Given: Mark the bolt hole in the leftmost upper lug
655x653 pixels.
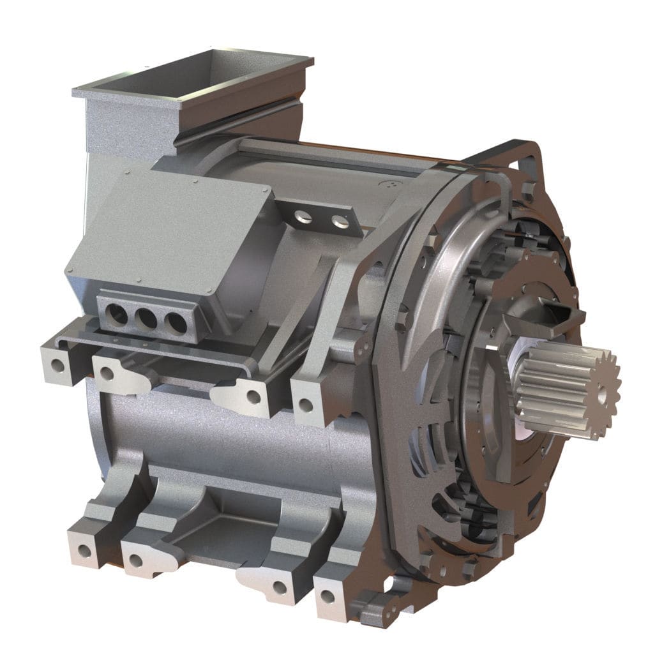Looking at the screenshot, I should coord(58,366).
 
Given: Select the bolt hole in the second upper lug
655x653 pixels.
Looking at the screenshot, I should coord(107,373).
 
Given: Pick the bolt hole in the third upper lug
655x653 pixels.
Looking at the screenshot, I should coord(253,396).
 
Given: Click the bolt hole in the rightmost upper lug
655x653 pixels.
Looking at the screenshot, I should coord(306,404).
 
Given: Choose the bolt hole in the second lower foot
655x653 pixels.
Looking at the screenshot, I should coord(135,562).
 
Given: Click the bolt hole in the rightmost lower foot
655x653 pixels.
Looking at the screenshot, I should coord(327,597).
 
